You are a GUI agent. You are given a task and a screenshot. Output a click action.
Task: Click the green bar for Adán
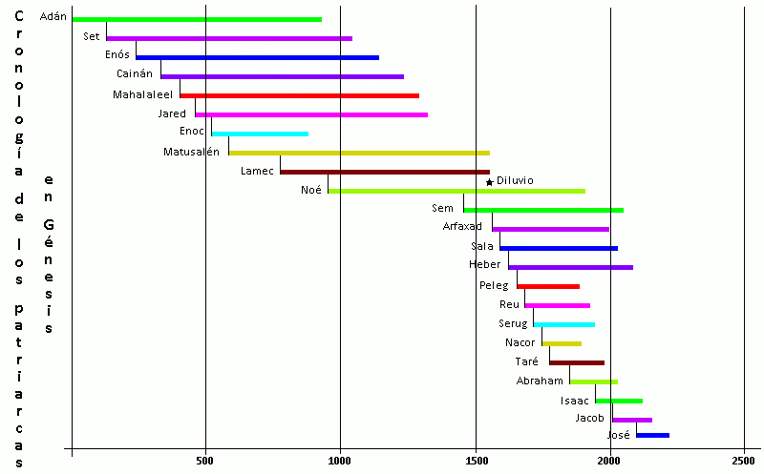(197, 19)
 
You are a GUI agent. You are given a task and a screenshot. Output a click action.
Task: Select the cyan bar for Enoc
(260, 134)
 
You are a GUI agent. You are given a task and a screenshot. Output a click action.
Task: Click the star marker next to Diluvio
(490, 181)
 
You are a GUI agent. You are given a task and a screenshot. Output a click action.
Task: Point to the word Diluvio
(516, 180)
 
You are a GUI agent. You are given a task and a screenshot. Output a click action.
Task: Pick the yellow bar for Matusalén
(359, 153)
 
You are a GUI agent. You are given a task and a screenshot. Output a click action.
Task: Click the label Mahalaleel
(143, 94)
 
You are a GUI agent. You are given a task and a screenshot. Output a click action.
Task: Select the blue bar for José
(653, 435)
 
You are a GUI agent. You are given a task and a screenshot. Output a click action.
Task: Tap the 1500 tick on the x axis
(476, 448)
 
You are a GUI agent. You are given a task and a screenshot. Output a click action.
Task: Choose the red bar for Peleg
(548, 286)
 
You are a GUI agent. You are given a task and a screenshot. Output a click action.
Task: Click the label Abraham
(540, 381)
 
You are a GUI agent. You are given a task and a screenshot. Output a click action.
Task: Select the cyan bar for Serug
(564, 324)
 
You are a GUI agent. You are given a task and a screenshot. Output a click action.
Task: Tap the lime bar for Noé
(456, 191)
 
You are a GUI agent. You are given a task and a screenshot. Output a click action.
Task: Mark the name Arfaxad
(462, 227)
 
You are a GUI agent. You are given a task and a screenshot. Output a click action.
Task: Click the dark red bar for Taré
(577, 362)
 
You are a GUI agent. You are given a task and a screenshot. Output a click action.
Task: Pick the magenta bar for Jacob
(632, 420)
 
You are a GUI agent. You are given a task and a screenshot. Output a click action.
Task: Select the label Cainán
(135, 73)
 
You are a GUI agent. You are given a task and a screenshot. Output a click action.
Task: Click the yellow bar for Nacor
(562, 343)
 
